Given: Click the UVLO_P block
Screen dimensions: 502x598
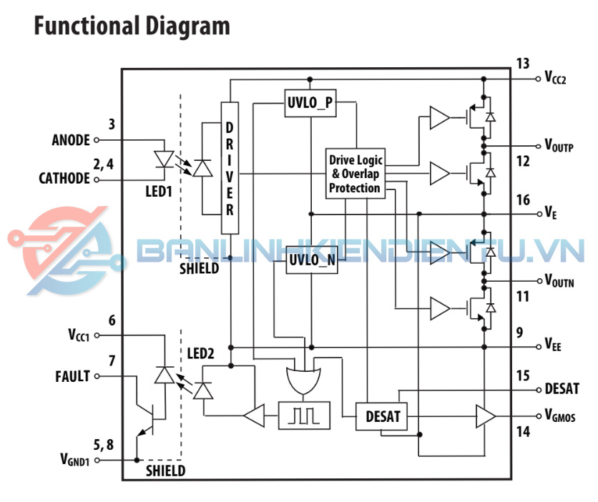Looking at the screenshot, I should pyautogui.click(x=310, y=102).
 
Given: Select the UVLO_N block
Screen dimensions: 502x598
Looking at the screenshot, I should pyautogui.click(x=311, y=260).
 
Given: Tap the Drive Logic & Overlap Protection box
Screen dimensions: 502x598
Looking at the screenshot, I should pyautogui.click(x=356, y=172).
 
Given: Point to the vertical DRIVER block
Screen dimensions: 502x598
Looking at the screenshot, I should pyautogui.click(x=230, y=168).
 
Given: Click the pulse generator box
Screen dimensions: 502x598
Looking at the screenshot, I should pyautogui.click(x=305, y=415).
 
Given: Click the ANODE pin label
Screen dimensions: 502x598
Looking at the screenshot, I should pyautogui.click(x=71, y=139).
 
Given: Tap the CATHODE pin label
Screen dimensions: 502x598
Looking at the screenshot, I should pyautogui.click(x=64, y=179).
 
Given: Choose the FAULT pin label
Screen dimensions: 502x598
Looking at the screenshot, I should pyautogui.click(x=72, y=375).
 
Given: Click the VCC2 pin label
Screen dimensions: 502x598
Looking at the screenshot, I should pyautogui.click(x=555, y=78).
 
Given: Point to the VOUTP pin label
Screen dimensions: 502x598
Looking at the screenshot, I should pyautogui.click(x=559, y=146).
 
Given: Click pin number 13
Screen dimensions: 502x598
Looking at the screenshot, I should pyautogui.click(x=522, y=63).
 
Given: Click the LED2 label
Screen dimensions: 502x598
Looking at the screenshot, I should pyautogui.click(x=200, y=354).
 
